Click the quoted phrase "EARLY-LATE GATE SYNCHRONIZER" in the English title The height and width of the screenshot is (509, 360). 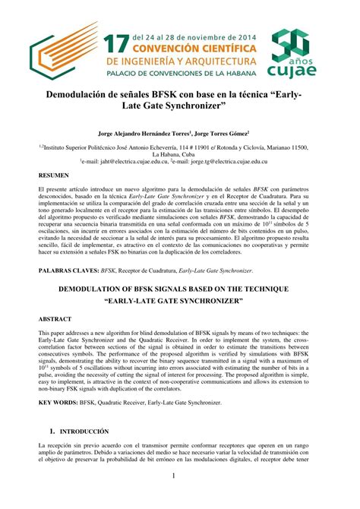coord(179,302)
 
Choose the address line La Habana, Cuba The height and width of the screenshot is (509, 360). coord(179,153)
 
